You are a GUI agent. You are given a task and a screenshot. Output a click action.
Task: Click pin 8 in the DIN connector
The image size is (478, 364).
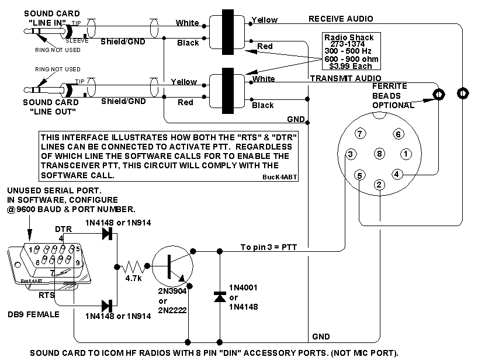click(x=380, y=154)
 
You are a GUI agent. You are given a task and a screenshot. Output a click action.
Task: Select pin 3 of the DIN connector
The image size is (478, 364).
click(x=349, y=154)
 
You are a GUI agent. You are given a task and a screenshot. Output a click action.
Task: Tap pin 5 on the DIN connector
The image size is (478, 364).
click(x=360, y=174)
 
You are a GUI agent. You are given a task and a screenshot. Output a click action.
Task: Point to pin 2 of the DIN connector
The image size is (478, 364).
click(x=379, y=185)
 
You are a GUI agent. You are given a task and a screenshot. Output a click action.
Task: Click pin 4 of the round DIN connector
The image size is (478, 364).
click(x=397, y=174)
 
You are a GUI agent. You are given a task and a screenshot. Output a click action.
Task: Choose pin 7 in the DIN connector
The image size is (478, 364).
click(x=361, y=134)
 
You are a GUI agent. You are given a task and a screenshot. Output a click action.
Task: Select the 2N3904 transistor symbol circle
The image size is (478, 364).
click(x=172, y=264)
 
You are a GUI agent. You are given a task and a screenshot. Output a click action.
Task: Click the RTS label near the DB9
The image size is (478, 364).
click(x=47, y=295)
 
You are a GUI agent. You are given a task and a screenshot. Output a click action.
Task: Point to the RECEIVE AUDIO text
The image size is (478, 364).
click(x=341, y=19)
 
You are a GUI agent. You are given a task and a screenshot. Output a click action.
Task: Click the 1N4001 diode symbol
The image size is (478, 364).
click(x=220, y=296)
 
